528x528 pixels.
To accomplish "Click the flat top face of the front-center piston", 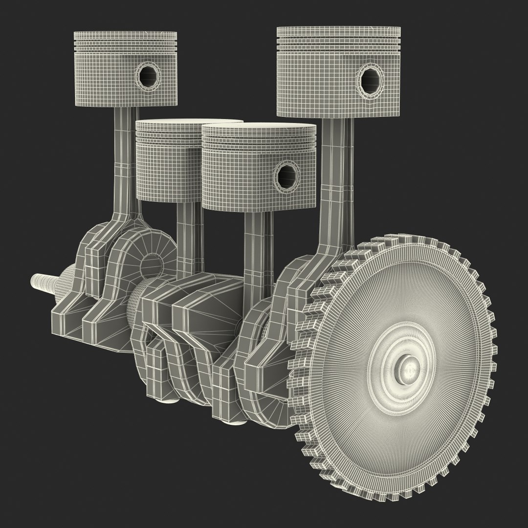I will [259, 128].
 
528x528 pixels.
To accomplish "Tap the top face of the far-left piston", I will [125, 34].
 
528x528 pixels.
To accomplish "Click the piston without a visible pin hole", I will [166, 161].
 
